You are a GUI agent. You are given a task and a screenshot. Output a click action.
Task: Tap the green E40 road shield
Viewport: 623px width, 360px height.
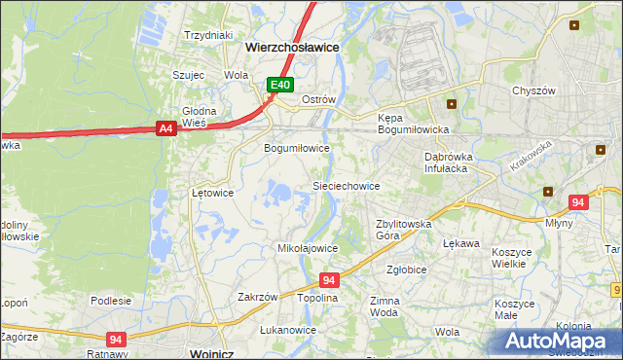tap(280, 86)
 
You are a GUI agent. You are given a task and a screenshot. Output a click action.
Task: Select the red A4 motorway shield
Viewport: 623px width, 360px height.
tap(165, 127)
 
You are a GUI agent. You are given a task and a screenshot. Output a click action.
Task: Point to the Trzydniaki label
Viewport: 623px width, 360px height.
tap(209, 35)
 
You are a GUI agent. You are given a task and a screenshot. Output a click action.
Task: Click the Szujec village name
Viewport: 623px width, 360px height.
tap(188, 74)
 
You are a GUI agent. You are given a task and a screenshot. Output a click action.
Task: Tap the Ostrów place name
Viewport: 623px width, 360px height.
tap(318, 99)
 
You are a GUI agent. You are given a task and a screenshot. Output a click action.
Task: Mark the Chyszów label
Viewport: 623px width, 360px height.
tap(533, 90)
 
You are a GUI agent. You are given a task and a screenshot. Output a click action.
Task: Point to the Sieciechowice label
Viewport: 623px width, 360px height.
tap(346, 185)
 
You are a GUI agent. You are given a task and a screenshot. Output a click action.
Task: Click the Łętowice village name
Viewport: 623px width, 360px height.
tap(212, 193)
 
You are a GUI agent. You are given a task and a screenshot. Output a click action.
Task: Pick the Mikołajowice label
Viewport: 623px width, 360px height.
tap(308, 248)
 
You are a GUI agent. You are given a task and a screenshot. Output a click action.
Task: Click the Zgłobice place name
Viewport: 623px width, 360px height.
tap(406, 270)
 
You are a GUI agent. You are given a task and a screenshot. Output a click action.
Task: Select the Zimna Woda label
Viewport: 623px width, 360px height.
tap(385, 307)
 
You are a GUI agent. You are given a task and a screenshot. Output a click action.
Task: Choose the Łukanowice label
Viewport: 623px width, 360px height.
tap(288, 330)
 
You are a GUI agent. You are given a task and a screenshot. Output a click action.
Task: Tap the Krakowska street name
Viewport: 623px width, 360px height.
tap(531, 156)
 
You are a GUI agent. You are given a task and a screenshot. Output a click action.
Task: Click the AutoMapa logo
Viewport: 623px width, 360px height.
tap(561, 341)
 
